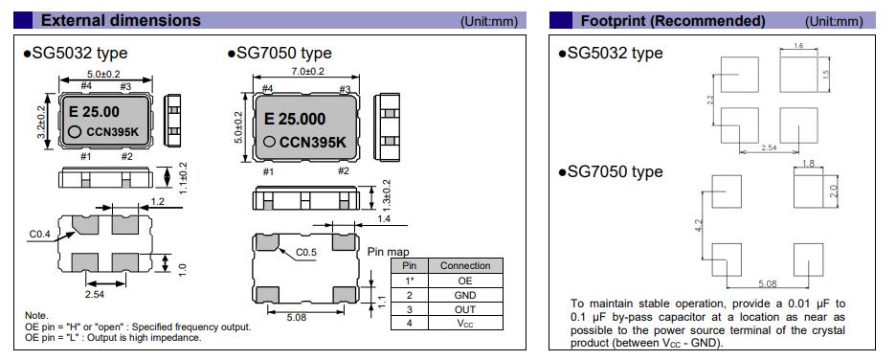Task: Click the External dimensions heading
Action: [121, 20]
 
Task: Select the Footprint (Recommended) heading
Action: [673, 21]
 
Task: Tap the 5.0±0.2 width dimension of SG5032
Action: [105, 74]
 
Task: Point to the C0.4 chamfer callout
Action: [41, 234]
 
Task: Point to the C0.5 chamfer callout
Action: [307, 252]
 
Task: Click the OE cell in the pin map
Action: [465, 281]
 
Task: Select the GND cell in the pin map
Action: [465, 295]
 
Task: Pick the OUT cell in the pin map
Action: [465, 309]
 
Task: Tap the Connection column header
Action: [465, 266]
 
